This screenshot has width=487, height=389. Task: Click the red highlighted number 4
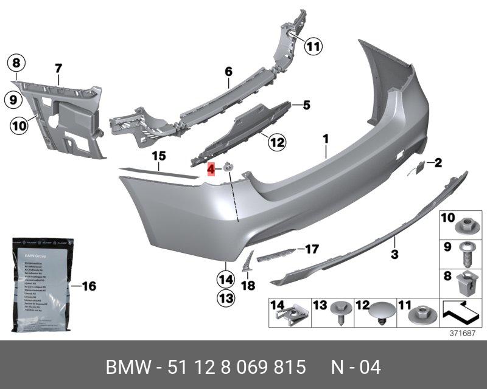[x=211, y=170]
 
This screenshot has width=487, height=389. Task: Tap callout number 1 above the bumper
[x=326, y=139]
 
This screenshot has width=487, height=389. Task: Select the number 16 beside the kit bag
[x=89, y=286]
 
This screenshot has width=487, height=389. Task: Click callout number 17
[x=312, y=249]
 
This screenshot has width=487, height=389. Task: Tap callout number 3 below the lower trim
[x=394, y=254]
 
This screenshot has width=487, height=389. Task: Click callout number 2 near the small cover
[x=438, y=162]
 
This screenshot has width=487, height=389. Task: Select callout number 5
[x=306, y=105]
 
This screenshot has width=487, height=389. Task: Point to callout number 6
[x=229, y=72]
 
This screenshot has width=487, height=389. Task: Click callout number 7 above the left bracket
[x=58, y=68]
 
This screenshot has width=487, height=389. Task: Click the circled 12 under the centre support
[x=277, y=143]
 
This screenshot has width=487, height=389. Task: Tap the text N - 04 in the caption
[x=356, y=368]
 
